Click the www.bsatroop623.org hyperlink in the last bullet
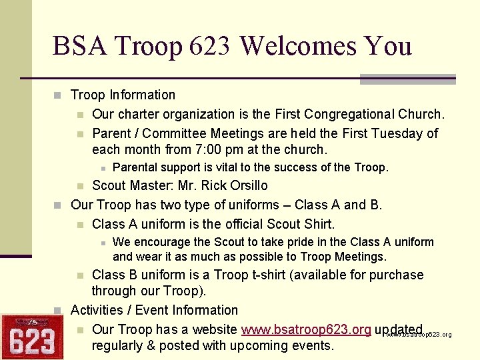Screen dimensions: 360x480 tap(306, 329)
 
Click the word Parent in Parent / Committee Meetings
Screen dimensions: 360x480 tap(112, 133)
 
